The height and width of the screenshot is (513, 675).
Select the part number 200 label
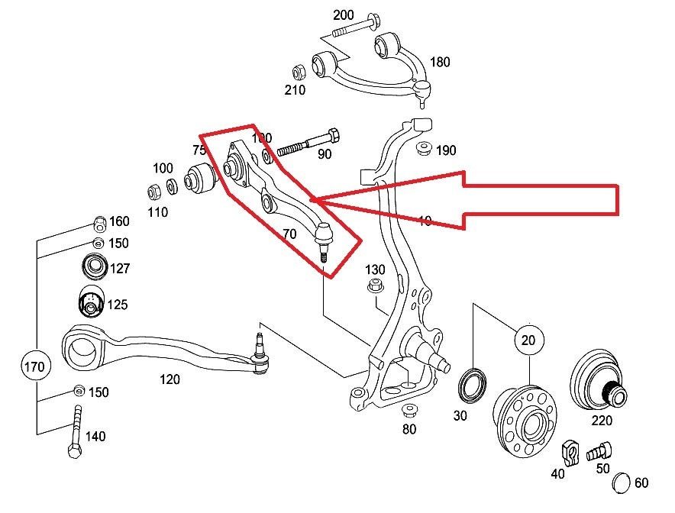344,15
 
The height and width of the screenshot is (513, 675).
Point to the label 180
441,62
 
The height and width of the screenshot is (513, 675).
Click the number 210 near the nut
295,90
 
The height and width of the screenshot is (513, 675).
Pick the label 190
446,150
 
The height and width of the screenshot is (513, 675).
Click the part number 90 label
325,154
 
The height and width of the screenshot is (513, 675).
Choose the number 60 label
641,482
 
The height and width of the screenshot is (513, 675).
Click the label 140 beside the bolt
95,437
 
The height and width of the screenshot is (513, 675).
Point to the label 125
117,305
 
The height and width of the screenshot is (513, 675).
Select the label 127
118,268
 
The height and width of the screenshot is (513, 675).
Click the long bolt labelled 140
75,431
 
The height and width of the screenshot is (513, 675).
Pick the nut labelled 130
374,287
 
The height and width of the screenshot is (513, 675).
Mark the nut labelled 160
98,223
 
